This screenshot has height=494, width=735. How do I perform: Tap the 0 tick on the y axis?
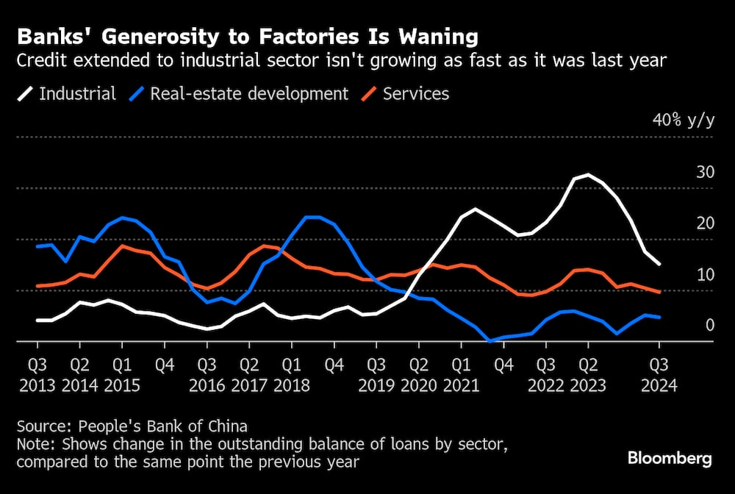tap(709, 325)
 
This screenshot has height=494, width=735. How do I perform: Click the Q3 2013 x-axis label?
tap(37, 374)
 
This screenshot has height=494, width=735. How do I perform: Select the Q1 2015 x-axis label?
tap(122, 374)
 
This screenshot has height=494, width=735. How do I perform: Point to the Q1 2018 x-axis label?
tap(292, 374)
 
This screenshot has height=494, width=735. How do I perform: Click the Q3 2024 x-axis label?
tap(659, 374)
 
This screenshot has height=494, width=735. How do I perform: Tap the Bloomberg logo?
tap(670, 459)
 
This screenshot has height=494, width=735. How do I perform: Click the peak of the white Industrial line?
tap(587, 175)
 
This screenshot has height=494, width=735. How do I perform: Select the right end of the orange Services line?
tap(659, 292)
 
